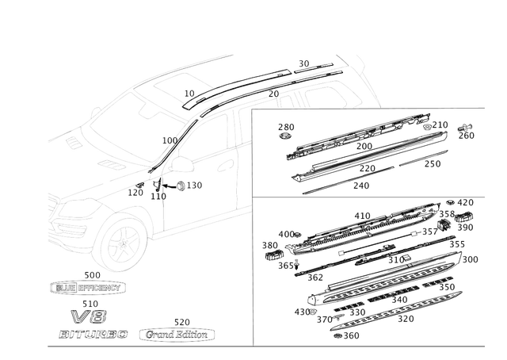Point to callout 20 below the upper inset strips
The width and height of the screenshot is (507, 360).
click(363, 186)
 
